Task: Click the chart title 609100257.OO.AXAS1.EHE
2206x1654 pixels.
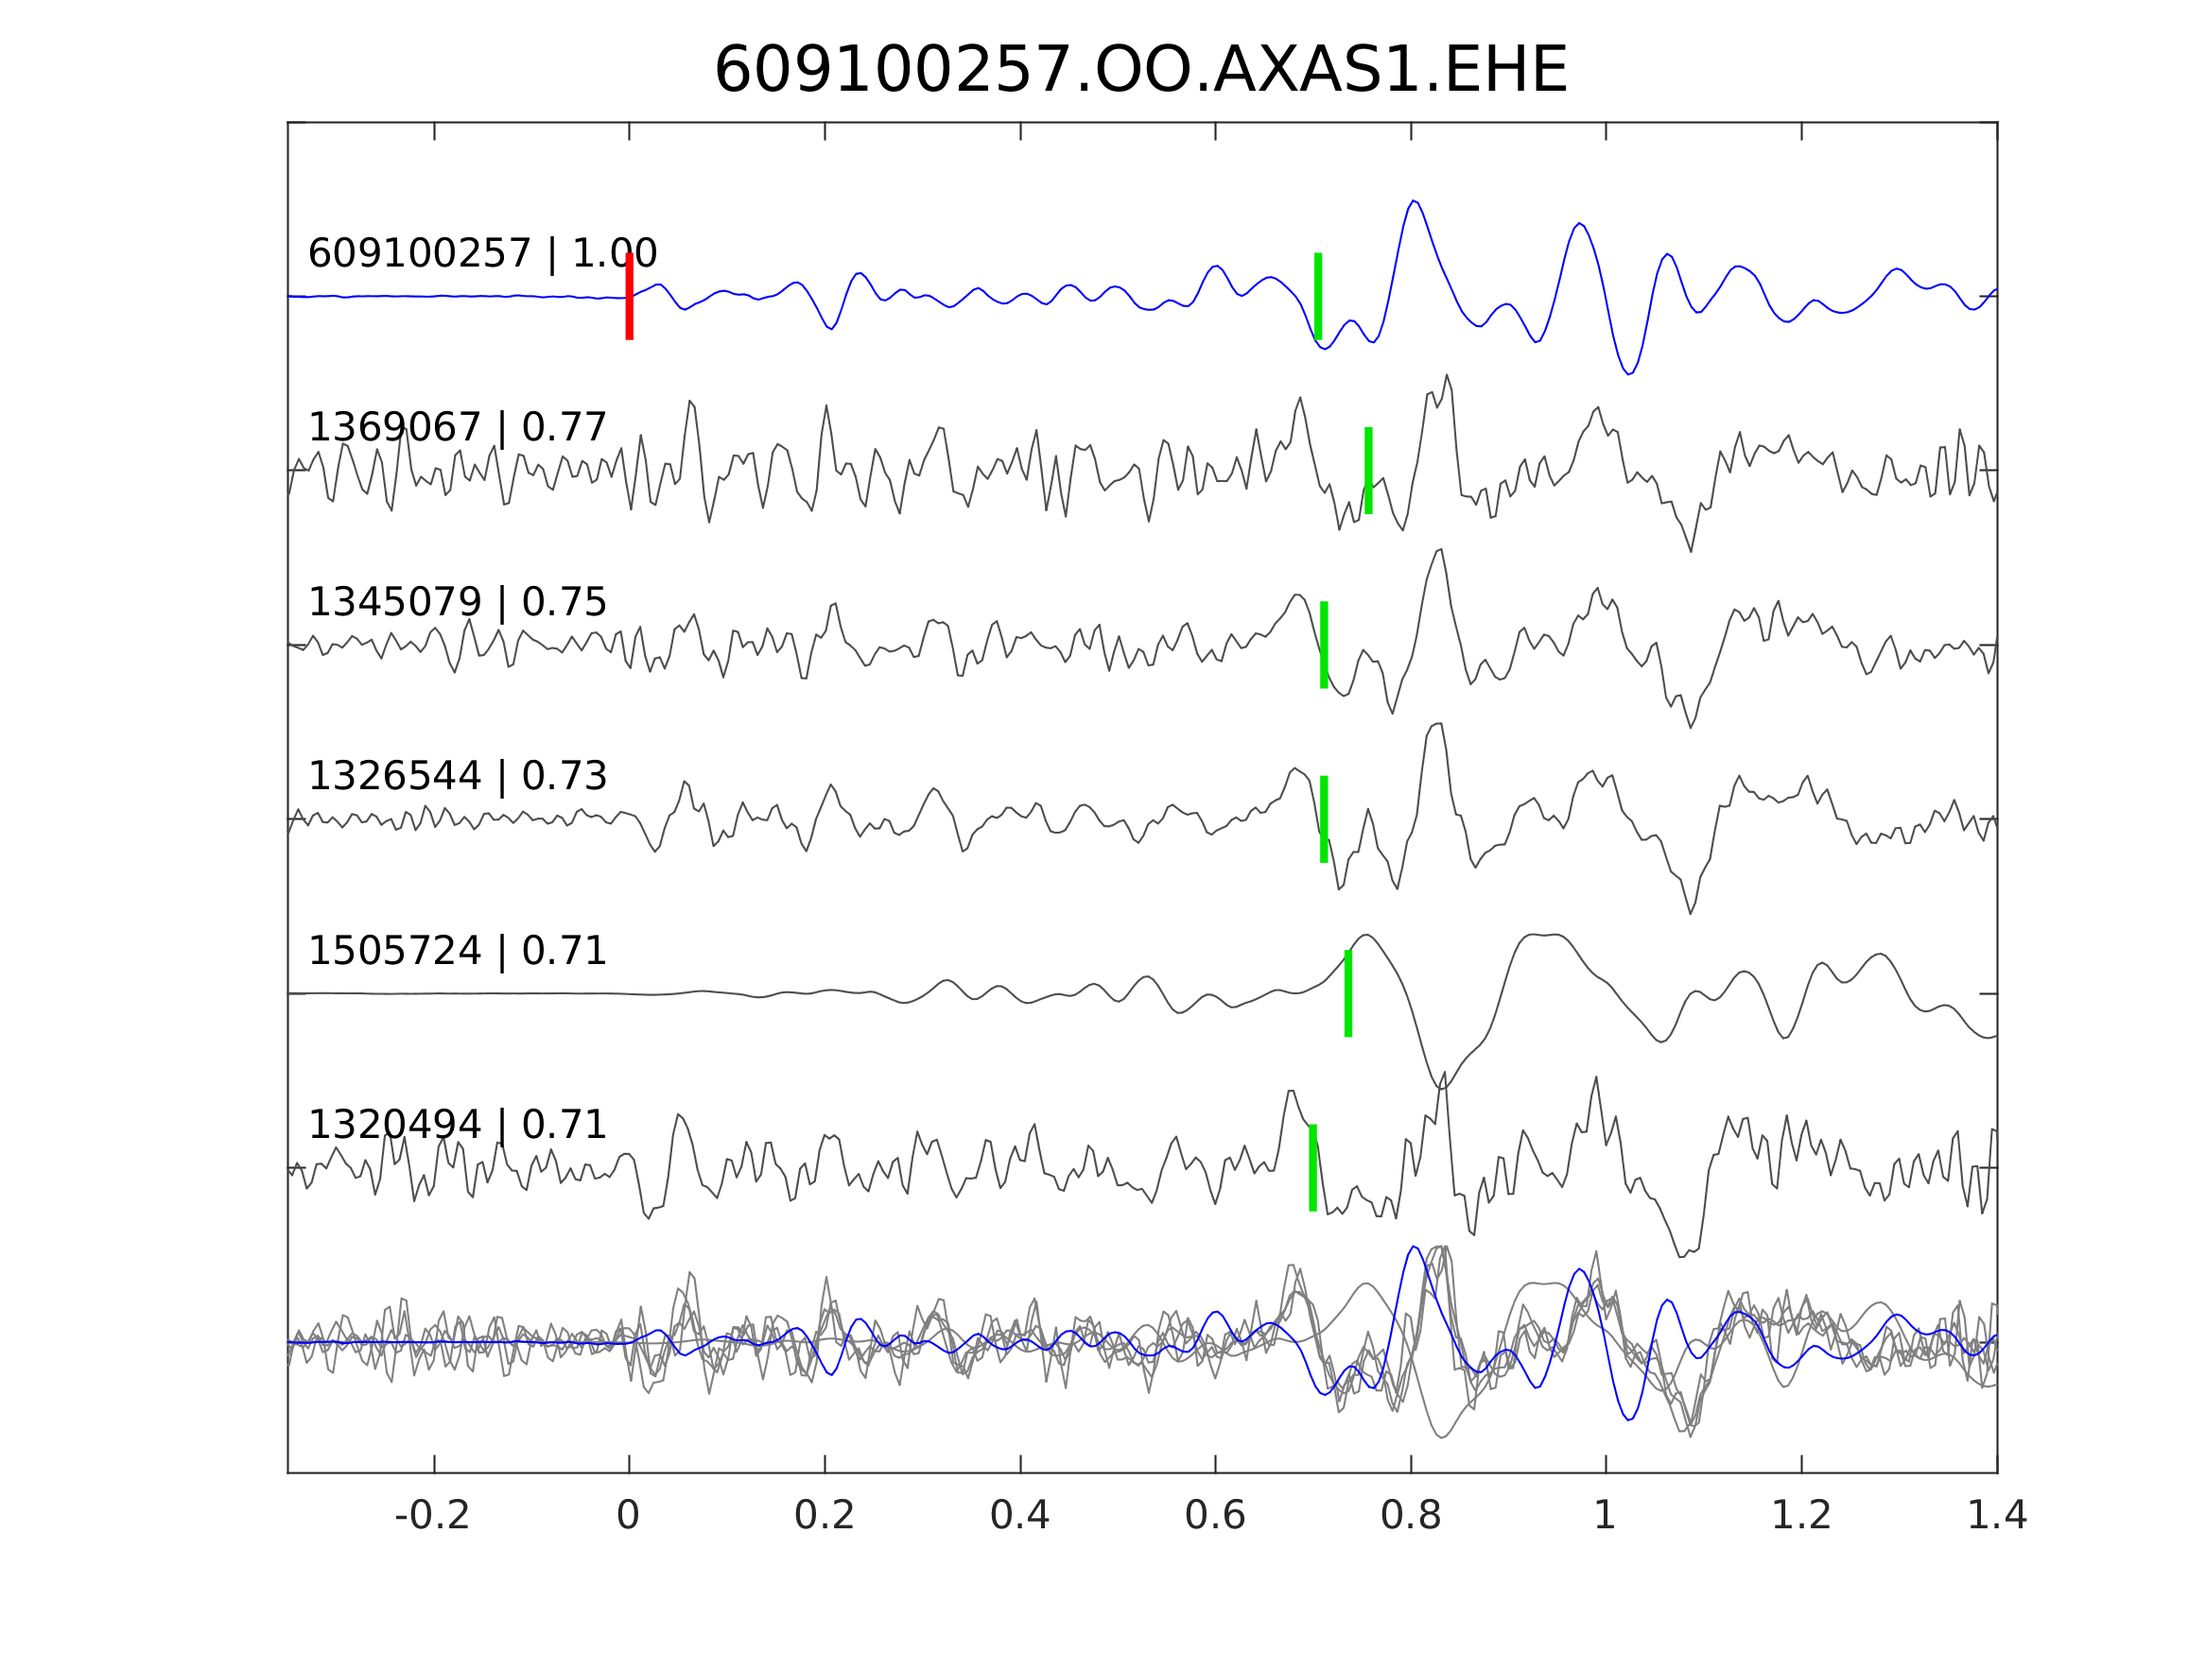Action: coord(1140,72)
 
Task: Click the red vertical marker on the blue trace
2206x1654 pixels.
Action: coord(630,296)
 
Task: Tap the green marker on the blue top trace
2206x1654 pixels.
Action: coord(1317,296)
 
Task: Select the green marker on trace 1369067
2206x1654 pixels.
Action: coord(1368,471)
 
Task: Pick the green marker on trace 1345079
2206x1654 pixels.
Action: coord(1324,645)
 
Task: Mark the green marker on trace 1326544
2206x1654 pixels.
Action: coord(1324,819)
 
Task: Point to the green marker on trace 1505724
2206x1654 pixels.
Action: coord(1348,994)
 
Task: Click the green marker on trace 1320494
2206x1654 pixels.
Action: coord(1312,1168)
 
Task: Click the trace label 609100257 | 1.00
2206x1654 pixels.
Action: coord(481,254)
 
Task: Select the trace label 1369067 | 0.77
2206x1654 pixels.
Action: coord(457,429)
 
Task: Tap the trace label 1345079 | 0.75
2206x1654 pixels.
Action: coord(457,603)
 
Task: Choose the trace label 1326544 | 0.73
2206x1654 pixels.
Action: coord(457,777)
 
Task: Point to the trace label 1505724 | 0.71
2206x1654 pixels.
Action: coord(457,952)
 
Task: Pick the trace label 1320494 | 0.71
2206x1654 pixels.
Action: coord(457,1126)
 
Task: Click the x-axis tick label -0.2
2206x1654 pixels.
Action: coord(432,1516)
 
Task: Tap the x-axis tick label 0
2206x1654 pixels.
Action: coord(628,1516)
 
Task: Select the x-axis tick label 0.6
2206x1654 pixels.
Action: coord(1215,1516)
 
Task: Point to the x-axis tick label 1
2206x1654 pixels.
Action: coord(1605,1516)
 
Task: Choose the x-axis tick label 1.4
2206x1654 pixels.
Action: coord(1995,1516)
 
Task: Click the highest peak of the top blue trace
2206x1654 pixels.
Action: coord(1414,201)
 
